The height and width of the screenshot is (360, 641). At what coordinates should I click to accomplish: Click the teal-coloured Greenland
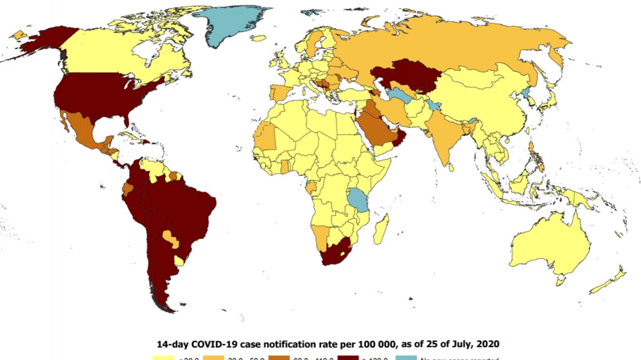click(x=231, y=23)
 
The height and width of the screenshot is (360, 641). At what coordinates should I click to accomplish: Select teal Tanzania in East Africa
click(x=359, y=200)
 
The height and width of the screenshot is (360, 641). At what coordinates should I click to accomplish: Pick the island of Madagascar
click(x=381, y=230)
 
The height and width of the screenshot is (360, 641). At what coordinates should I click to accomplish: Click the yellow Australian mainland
click(x=550, y=247)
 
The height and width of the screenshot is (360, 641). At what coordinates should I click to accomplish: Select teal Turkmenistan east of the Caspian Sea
click(x=400, y=95)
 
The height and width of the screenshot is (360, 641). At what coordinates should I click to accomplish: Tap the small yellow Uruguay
click(x=179, y=261)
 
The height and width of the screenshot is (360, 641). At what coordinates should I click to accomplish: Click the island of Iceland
click(x=258, y=37)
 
